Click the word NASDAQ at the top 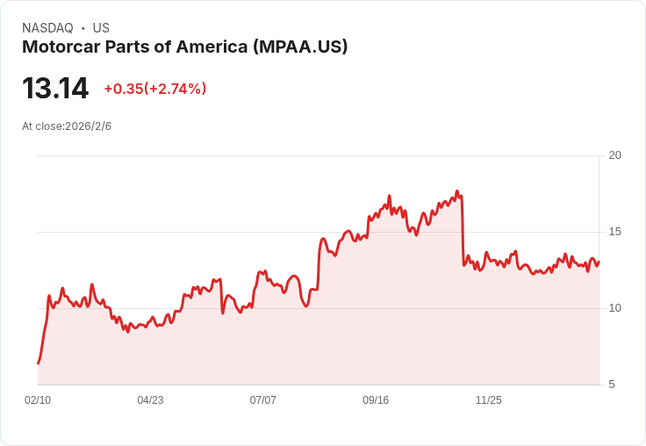coord(47,28)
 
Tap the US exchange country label coord(101,28)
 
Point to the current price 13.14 coord(55,89)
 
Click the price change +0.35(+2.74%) coord(155,89)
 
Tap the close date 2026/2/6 coord(89,126)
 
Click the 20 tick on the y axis coord(615,155)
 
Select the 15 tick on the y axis coord(615,232)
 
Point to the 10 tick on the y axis coord(615,308)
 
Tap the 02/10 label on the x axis coord(38,400)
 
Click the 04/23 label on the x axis coord(150,400)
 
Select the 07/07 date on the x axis coord(263,400)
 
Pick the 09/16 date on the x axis coord(376,400)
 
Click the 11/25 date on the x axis coord(489,400)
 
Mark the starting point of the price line coord(38,363)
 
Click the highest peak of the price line coord(457,191)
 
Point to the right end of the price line coord(599,261)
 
